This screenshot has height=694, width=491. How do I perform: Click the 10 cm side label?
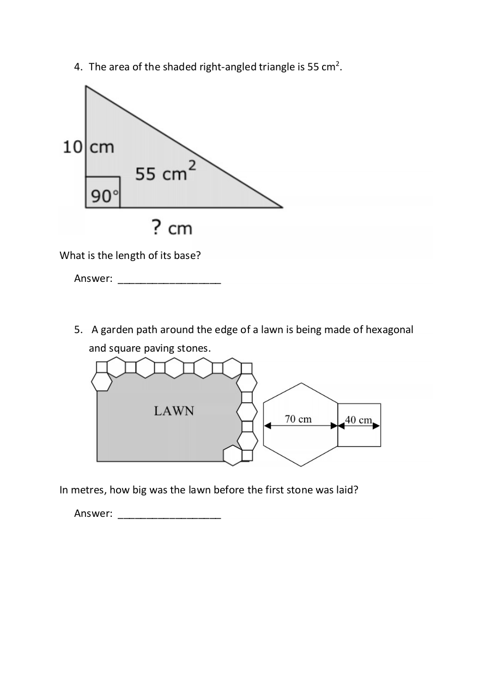[88, 147]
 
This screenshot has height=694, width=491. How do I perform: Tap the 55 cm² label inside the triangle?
[166, 171]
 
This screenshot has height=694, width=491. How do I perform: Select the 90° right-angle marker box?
[102, 192]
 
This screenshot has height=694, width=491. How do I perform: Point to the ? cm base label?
[172, 227]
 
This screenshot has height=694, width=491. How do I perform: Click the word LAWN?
[174, 411]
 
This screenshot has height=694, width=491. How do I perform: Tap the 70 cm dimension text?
[298, 419]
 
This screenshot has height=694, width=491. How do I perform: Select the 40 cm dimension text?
[359, 420]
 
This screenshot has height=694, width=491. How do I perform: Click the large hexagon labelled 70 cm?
[301, 425]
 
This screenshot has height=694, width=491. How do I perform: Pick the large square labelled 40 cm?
[359, 425]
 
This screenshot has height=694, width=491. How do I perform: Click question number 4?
[78, 67]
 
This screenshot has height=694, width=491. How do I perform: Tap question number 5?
[78, 330]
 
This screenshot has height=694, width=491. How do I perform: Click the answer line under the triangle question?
[169, 283]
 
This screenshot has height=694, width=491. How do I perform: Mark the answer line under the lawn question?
[169, 518]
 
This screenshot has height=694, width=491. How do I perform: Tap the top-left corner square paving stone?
[102, 367]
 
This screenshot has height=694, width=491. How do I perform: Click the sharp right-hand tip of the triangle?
[282, 207]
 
